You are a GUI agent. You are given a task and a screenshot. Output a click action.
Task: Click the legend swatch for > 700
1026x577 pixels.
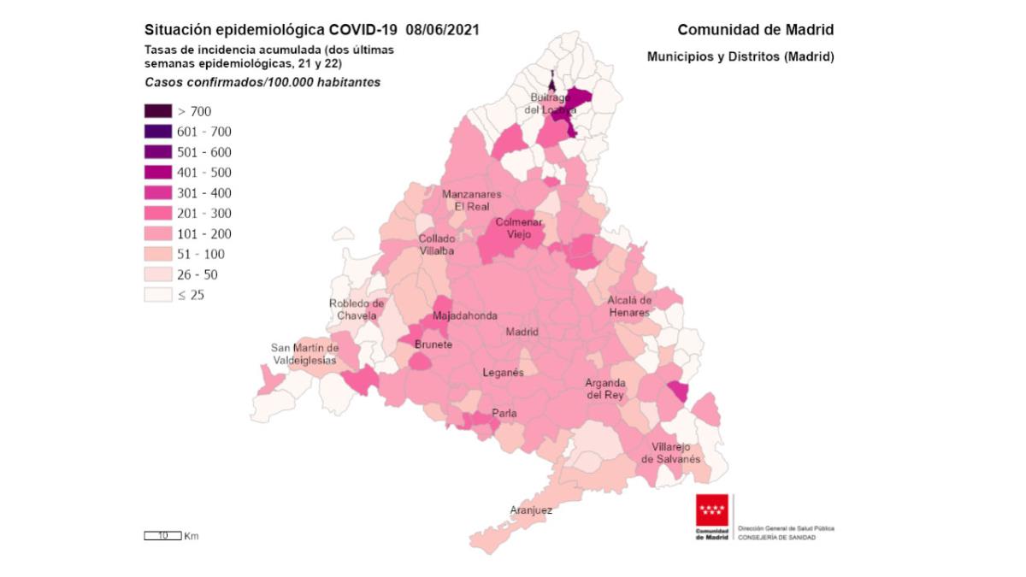point(157,111)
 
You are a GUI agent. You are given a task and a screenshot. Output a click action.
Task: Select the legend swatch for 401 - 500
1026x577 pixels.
point(157,173)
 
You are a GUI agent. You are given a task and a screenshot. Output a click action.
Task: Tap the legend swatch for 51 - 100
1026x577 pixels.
point(157,255)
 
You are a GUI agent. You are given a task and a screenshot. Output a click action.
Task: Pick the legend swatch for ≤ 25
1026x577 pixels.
point(157,296)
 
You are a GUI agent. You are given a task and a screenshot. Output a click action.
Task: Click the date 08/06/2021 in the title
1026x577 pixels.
point(443,30)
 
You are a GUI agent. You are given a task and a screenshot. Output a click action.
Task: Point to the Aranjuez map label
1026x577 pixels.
point(531,510)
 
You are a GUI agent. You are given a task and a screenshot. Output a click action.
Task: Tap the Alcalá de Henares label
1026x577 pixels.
point(629,306)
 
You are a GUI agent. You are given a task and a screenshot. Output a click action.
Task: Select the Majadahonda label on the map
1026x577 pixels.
point(465,316)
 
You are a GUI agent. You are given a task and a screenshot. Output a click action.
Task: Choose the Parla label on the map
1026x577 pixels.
point(504,415)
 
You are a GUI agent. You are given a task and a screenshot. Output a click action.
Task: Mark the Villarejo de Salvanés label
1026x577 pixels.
point(671,453)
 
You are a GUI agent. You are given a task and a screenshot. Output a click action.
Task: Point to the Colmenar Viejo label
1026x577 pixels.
point(514,228)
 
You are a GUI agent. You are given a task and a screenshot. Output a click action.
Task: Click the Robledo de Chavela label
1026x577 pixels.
point(357,309)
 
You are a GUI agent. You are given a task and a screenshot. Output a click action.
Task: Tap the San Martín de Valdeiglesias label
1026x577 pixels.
point(304,355)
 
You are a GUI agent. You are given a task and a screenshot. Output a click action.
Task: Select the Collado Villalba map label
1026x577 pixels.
point(436,245)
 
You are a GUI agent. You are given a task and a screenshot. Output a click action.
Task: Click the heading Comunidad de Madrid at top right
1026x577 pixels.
point(755,30)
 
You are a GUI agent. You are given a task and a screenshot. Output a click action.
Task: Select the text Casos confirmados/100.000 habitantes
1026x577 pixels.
point(262,83)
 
